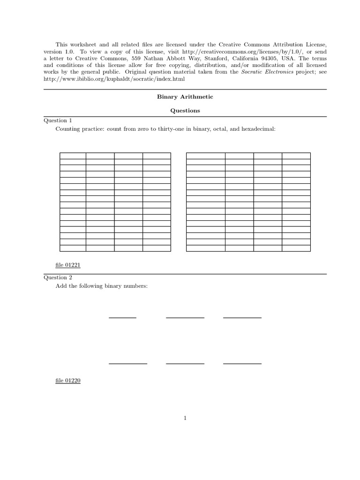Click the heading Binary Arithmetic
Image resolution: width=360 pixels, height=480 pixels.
pyautogui.click(x=185, y=97)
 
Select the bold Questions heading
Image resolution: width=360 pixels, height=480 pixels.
pyautogui.click(x=185, y=111)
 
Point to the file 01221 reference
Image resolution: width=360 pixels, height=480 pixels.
pyautogui.click(x=68, y=265)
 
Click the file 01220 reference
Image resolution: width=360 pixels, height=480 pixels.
pyautogui.click(x=68, y=381)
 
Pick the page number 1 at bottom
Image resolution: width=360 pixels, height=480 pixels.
pyautogui.click(x=186, y=418)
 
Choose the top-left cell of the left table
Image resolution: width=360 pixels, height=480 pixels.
pyautogui.click(x=73, y=155)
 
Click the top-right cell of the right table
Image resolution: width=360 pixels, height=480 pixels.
pyautogui.click(x=296, y=155)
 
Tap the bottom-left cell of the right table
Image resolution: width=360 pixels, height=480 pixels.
pyautogui.click(x=205, y=248)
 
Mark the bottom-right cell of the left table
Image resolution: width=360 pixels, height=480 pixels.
pyautogui.click(x=157, y=248)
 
